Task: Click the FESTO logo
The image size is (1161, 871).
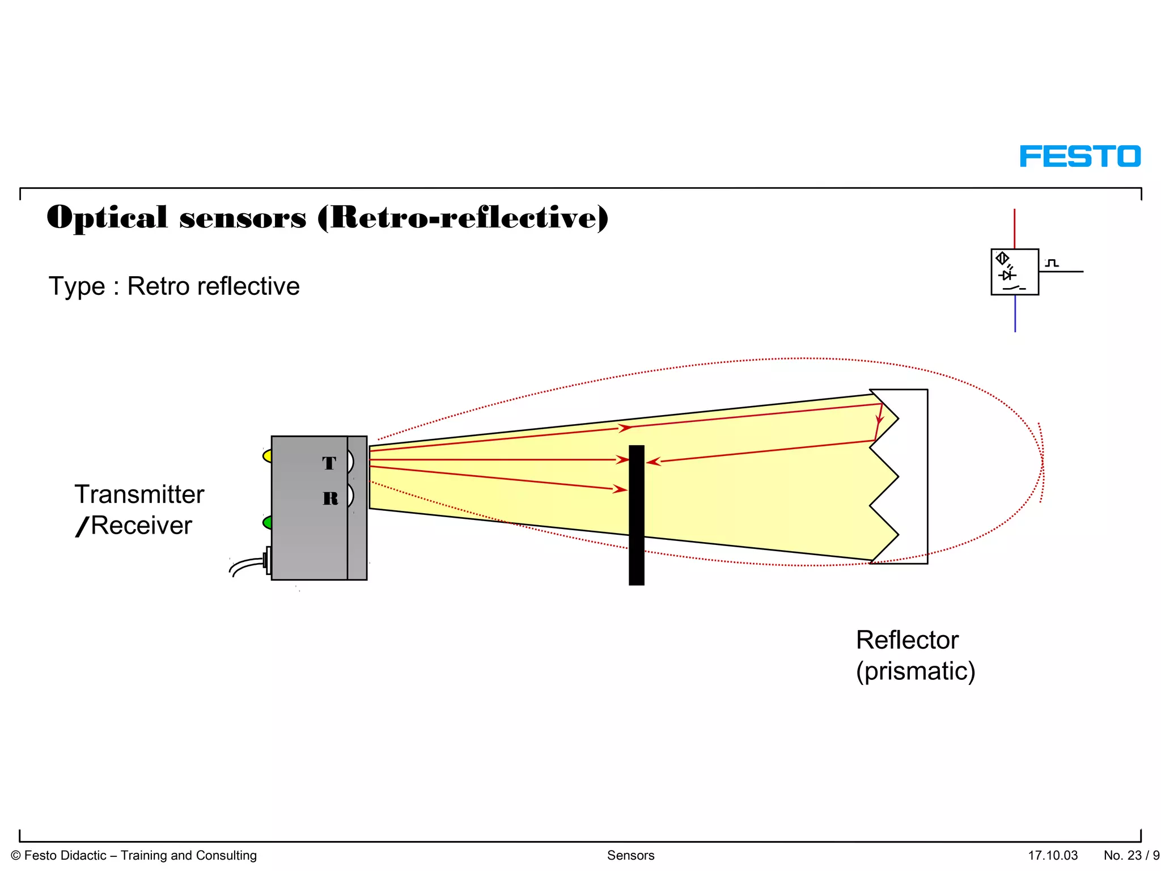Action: [x=1080, y=157]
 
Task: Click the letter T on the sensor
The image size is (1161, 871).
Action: [x=329, y=463]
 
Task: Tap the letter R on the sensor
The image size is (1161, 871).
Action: [x=330, y=498]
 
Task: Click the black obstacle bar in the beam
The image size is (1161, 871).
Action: [x=637, y=515]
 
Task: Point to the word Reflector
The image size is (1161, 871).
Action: [x=907, y=640]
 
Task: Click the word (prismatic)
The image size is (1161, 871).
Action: [x=916, y=671]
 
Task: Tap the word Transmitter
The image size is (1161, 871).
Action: [x=139, y=494]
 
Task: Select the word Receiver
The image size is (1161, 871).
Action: [x=142, y=526]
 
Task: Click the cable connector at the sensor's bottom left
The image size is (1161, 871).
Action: [x=266, y=560]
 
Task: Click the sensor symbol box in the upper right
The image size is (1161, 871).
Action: [x=1015, y=272]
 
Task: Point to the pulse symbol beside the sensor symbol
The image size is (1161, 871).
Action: [x=1052, y=263]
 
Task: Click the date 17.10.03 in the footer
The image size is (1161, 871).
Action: [x=1053, y=855]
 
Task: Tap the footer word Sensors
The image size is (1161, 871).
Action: [x=630, y=855]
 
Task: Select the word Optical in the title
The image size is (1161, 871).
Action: [x=107, y=218]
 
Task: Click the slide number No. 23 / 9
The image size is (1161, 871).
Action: [x=1131, y=855]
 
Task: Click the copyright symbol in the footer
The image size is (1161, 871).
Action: [x=16, y=856]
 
